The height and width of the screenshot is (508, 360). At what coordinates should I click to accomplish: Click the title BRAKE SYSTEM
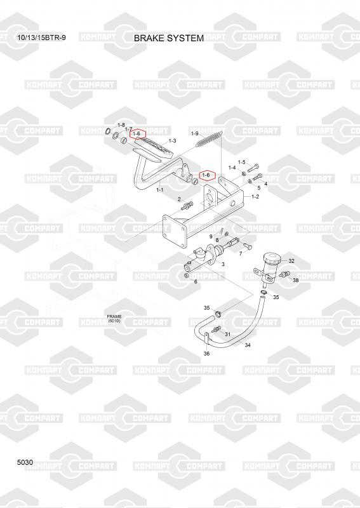click(169, 38)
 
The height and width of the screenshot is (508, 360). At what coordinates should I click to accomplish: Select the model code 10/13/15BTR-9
click(41, 37)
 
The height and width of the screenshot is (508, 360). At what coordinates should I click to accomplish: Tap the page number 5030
click(25, 462)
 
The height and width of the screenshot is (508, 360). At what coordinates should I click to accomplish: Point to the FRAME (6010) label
click(114, 319)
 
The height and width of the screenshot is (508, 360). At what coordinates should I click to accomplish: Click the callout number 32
click(291, 261)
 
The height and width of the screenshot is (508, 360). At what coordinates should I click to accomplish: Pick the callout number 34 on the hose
click(248, 345)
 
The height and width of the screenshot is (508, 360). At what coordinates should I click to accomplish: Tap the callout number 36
click(206, 354)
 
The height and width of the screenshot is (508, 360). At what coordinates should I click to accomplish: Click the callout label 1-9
click(195, 133)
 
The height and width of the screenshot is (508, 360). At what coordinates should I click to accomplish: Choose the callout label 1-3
click(173, 141)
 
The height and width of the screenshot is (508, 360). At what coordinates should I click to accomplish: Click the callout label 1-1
click(160, 190)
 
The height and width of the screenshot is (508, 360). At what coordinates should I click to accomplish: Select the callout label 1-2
click(255, 196)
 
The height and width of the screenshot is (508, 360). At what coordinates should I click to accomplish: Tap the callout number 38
click(295, 280)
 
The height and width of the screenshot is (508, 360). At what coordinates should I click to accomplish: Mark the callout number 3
click(223, 264)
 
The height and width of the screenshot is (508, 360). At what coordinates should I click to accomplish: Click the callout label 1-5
click(242, 163)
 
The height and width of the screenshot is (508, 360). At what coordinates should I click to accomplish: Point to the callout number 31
click(227, 334)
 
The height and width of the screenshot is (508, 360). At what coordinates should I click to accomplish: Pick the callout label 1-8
click(121, 125)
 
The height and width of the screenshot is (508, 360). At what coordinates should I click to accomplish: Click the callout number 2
click(179, 199)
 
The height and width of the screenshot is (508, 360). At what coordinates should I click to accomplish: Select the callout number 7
click(241, 253)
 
